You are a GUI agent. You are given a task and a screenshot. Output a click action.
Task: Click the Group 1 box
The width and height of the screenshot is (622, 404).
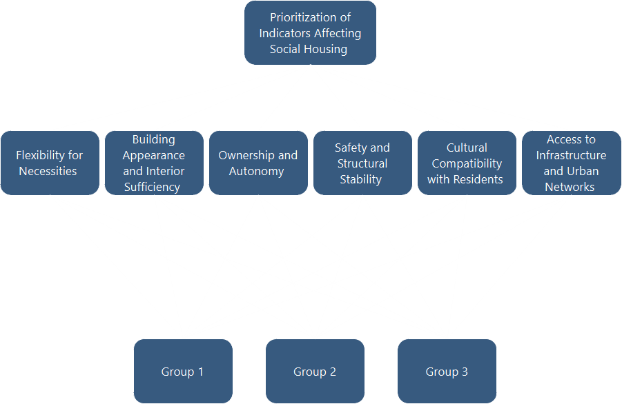[x=183, y=371]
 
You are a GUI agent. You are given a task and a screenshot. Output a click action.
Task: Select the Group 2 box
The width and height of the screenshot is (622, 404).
[x=315, y=371]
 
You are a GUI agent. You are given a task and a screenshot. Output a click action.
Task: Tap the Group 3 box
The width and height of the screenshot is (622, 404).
[x=447, y=371]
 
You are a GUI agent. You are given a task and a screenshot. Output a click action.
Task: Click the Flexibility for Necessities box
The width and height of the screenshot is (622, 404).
[x=50, y=163]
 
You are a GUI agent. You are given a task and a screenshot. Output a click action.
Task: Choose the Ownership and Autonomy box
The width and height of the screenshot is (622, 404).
[x=258, y=163]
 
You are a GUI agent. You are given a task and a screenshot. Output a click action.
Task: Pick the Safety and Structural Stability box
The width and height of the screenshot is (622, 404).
[x=362, y=163]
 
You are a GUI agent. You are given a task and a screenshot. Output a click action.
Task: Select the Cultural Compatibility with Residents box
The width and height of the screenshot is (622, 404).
[x=467, y=163]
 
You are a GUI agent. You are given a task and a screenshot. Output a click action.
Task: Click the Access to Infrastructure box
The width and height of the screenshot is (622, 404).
[x=571, y=163]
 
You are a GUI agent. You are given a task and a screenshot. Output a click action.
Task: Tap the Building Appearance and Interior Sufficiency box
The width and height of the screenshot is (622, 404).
[x=154, y=163]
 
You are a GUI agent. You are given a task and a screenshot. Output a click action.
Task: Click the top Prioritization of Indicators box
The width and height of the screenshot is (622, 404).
[x=310, y=32]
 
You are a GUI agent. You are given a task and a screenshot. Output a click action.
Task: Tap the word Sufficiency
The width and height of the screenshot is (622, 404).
[x=152, y=187]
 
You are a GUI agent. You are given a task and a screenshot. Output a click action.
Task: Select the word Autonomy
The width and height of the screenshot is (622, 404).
[x=256, y=171]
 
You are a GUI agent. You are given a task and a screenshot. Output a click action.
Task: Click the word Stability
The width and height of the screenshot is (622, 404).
[x=360, y=179]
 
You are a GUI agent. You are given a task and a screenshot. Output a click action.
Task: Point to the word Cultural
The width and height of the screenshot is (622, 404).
[x=467, y=148]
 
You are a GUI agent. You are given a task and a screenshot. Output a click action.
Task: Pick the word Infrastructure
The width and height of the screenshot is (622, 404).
[x=571, y=155]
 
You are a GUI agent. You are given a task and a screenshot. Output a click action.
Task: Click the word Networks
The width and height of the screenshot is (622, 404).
[x=570, y=187]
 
